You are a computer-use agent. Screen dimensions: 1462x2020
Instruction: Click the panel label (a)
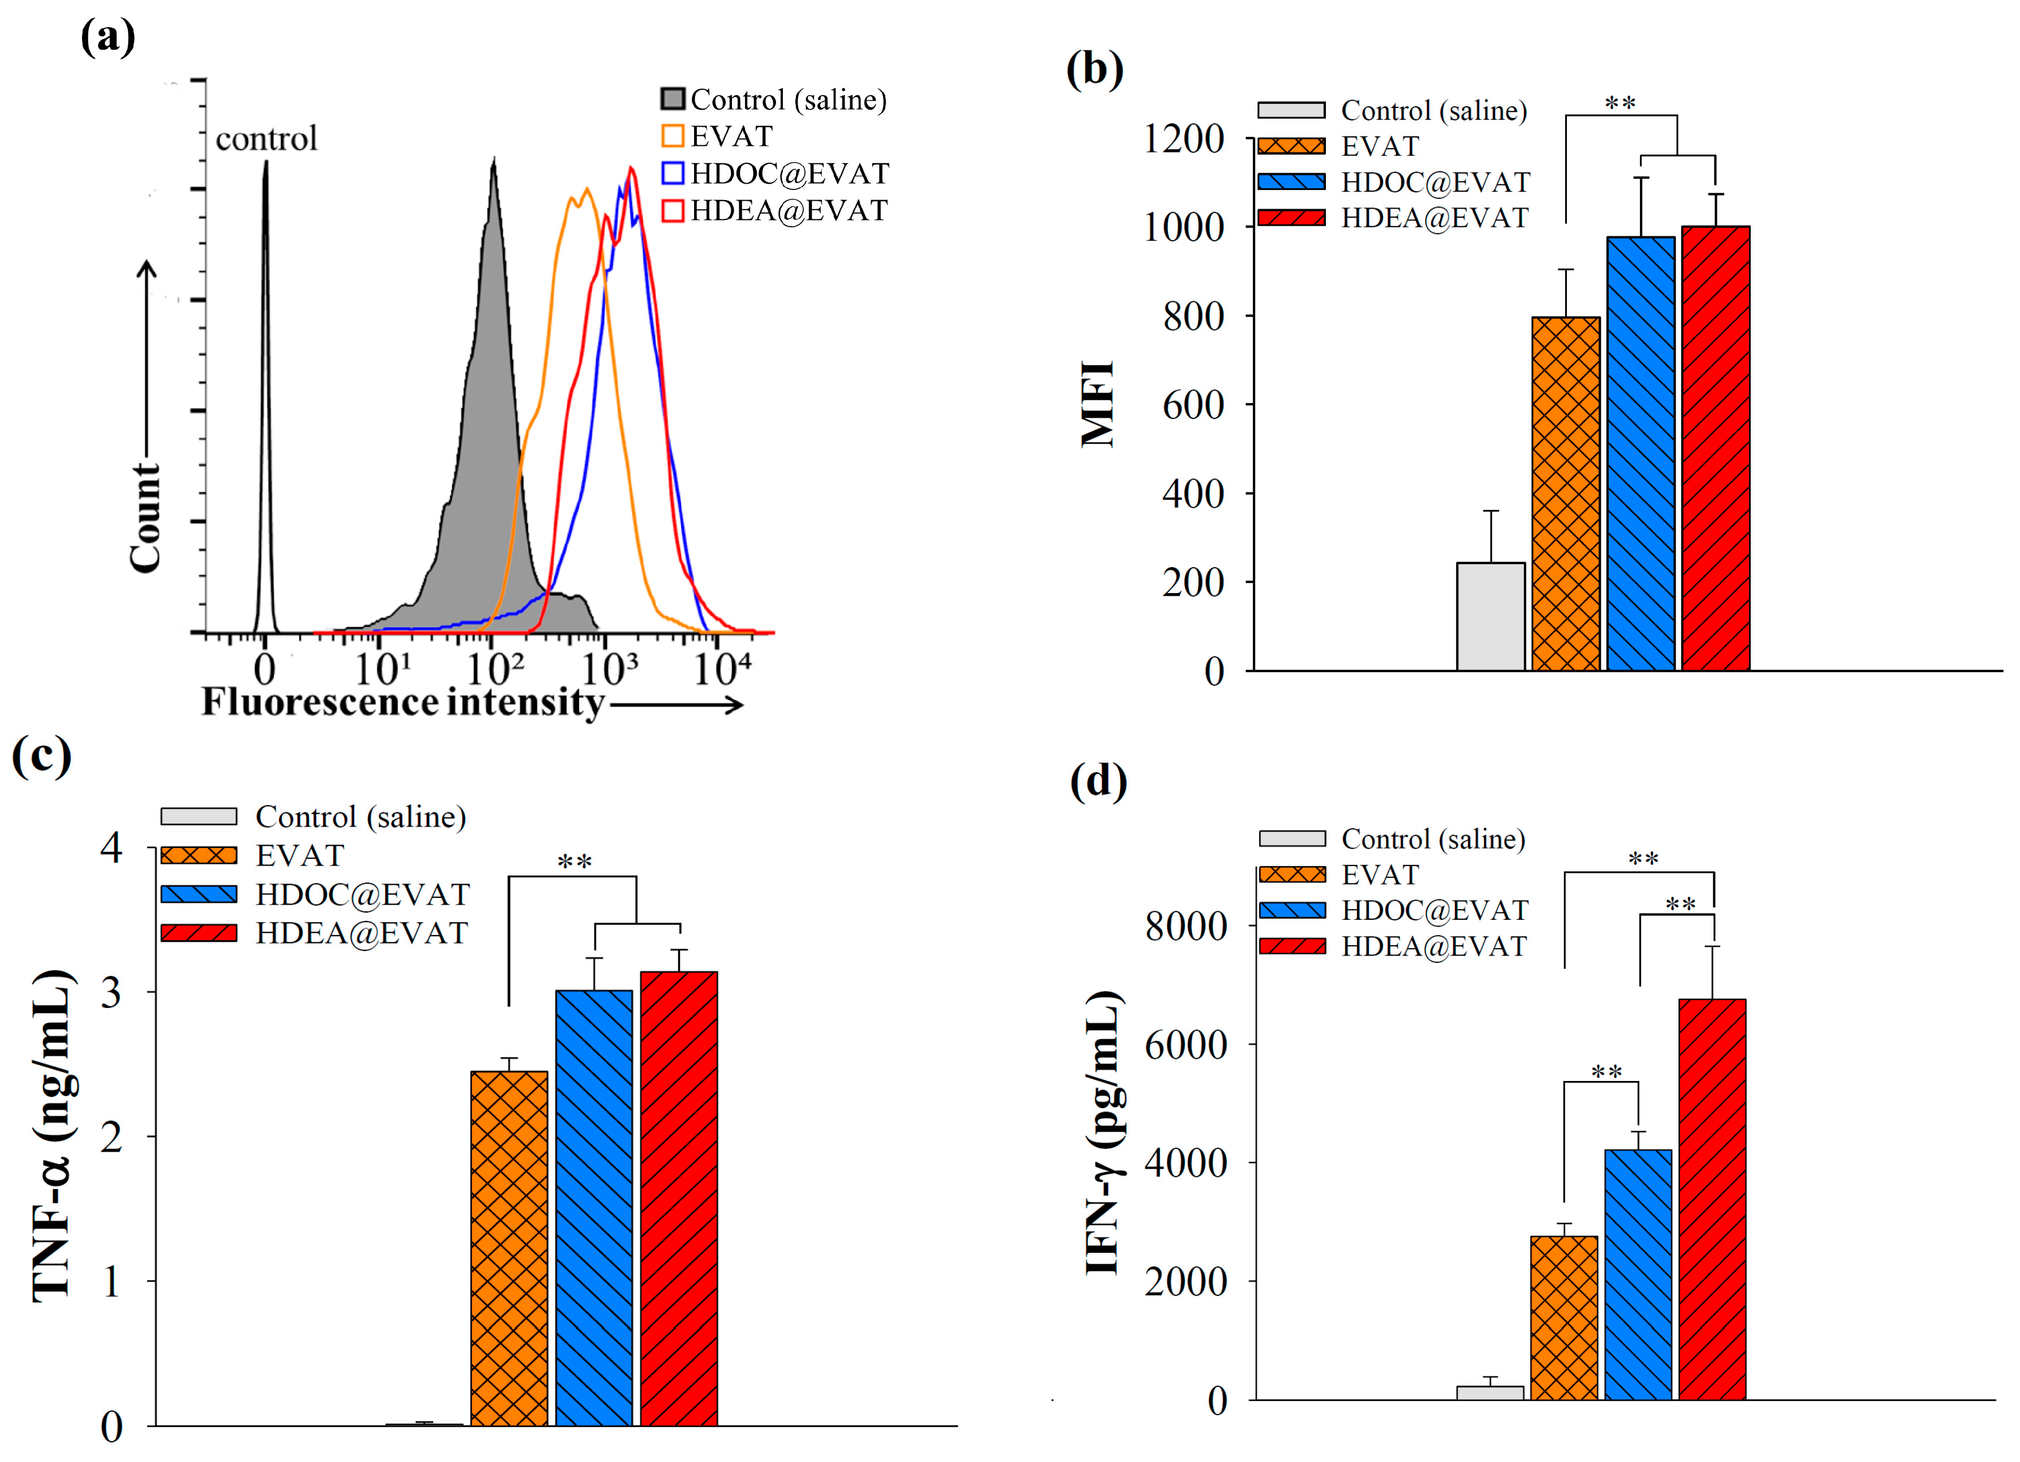108,37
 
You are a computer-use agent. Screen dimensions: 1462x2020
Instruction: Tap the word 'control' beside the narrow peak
266,139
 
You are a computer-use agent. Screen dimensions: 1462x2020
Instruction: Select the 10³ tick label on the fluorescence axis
610,668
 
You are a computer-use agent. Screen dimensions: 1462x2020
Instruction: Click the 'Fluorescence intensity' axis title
403,703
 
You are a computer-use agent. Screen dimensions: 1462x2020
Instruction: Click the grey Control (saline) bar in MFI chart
1490,616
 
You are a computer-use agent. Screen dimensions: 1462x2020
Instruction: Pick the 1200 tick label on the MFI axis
1184,139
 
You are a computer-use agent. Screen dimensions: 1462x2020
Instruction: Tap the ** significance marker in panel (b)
1620,103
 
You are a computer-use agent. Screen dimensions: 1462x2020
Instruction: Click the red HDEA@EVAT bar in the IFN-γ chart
1712,1199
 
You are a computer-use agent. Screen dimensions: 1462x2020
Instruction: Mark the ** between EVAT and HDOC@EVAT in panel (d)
1606,1071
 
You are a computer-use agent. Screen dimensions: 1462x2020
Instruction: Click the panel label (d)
1098,782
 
